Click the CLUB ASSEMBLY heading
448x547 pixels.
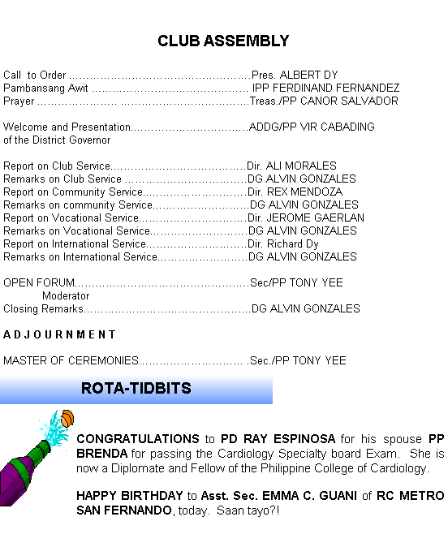223,41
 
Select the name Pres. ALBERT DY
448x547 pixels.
295,75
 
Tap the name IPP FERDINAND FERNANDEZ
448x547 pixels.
326,88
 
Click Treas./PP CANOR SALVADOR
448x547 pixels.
324,101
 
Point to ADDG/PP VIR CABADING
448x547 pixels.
312,127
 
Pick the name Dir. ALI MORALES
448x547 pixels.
291,166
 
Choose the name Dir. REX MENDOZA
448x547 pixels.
295,192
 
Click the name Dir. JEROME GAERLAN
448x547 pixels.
306,218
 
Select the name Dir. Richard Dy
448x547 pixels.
283,243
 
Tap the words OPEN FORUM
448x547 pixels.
39,282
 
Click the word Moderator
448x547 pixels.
66,296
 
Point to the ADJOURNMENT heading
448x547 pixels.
59,334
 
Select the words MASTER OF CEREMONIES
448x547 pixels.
71,360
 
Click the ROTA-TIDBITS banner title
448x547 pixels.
136,388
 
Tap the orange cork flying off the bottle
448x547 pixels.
67,418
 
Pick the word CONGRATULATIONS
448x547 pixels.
138,439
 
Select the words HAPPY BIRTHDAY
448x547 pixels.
130,496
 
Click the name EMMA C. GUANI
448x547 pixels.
309,496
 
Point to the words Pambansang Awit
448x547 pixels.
45,88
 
